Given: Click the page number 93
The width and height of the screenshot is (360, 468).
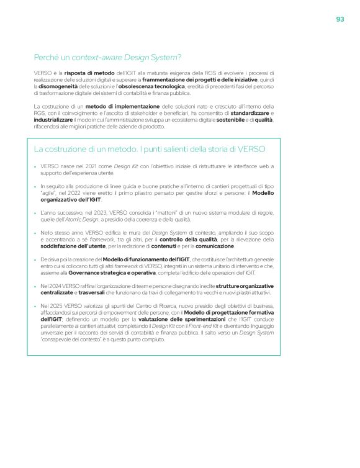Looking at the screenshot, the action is [340, 19].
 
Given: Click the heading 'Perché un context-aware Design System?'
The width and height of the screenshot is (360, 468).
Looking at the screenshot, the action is [107, 58].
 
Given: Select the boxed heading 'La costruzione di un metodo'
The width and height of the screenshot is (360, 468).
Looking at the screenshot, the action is [150, 149].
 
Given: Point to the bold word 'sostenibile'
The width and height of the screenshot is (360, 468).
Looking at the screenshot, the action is [230, 120].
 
